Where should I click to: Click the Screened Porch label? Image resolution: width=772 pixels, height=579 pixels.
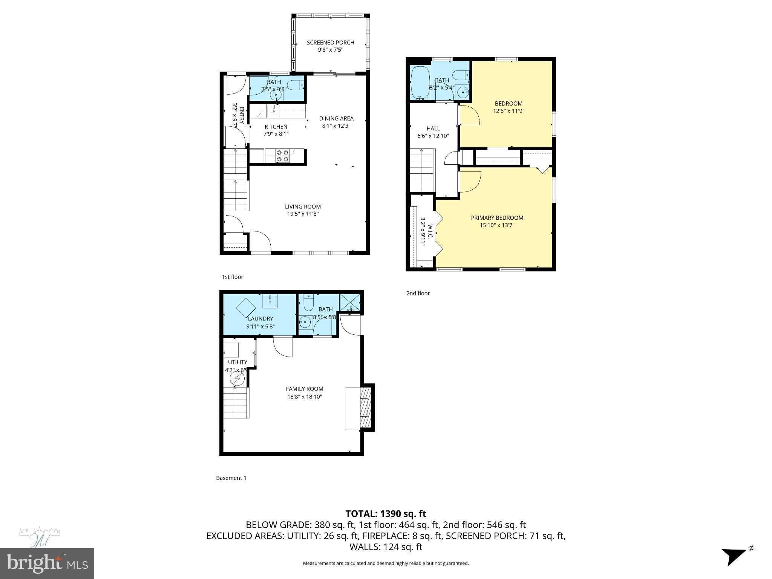tap(330, 43)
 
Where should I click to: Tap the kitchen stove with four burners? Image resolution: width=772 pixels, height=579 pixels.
tap(282, 156)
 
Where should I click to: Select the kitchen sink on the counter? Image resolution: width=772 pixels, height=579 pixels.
tap(273, 111)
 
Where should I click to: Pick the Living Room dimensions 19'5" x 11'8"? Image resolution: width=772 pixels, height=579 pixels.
tap(303, 214)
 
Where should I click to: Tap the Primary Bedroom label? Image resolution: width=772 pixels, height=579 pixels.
tap(497, 218)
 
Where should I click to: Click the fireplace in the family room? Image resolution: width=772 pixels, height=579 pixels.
tap(365, 407)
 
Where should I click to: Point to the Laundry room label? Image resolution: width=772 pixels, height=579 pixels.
tap(260, 319)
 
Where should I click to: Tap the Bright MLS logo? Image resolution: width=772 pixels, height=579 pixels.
tap(47, 563)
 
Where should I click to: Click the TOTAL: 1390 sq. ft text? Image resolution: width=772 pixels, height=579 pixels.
tap(386, 513)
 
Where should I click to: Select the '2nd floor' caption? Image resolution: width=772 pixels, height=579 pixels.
tap(418, 293)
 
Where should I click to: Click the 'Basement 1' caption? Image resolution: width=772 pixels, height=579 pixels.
tap(231, 478)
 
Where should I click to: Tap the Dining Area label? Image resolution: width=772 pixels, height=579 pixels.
tap(336, 118)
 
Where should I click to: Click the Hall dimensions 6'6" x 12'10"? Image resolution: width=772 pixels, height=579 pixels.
tap(433, 136)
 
